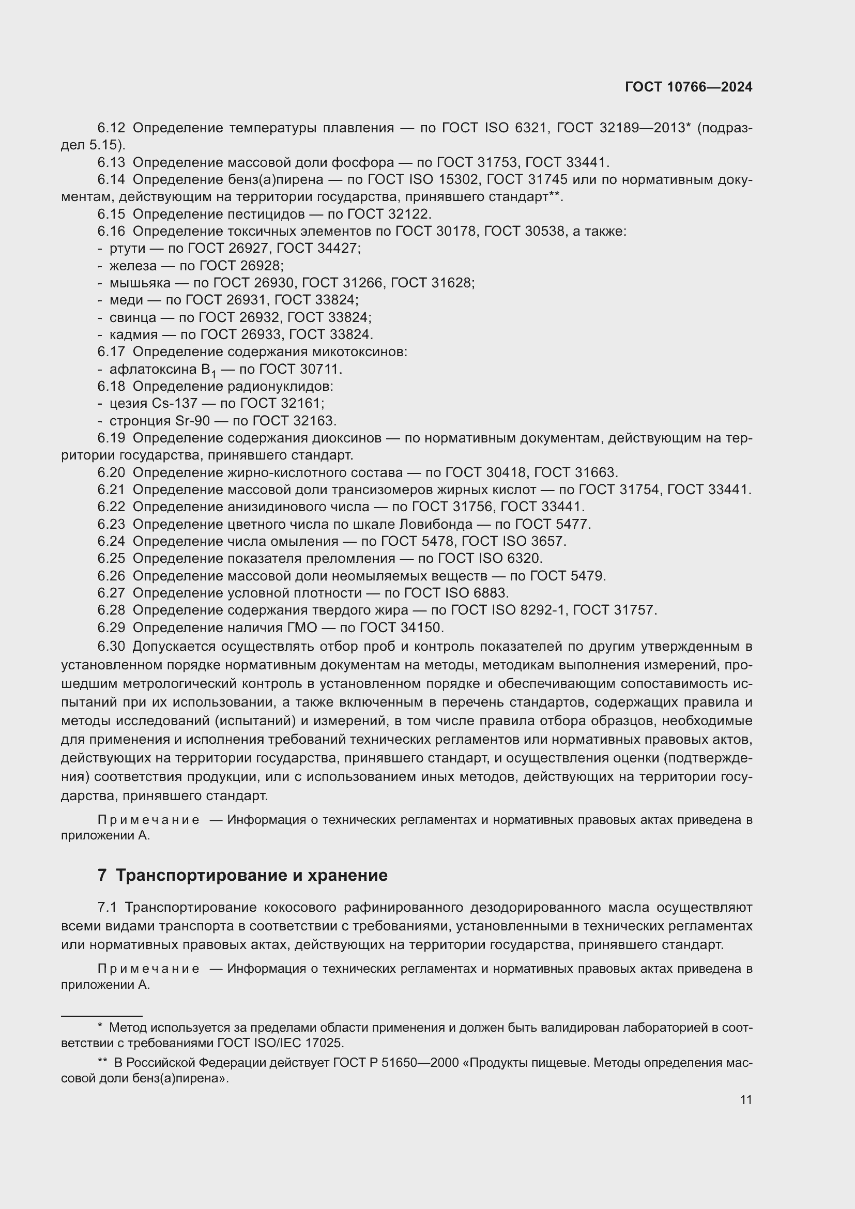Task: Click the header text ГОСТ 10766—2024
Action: pyautogui.click(x=688, y=87)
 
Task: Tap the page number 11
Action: pyautogui.click(x=745, y=1099)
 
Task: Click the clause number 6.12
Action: pyautogui.click(x=111, y=128)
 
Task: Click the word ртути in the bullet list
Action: pyautogui.click(x=127, y=249)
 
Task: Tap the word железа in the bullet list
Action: pyautogui.click(x=133, y=266)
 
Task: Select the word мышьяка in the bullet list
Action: pyautogui.click(x=140, y=283)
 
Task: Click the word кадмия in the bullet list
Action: pyautogui.click(x=134, y=335)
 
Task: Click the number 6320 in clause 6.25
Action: pyautogui.click(x=523, y=559)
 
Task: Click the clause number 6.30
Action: pyautogui.click(x=111, y=646)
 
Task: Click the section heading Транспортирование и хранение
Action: pyautogui.click(x=252, y=875)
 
